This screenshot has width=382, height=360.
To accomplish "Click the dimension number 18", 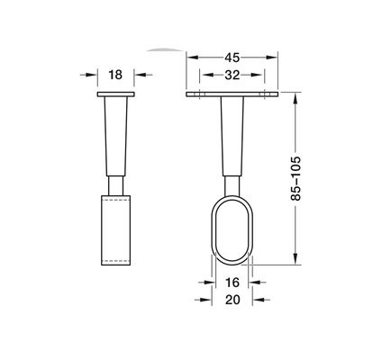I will [114, 76].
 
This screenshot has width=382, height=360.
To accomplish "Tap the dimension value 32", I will [232, 76].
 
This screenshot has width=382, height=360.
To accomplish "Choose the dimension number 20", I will [232, 299].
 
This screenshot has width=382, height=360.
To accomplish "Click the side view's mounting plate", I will [114, 94].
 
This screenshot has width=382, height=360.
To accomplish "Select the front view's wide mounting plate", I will [232, 94].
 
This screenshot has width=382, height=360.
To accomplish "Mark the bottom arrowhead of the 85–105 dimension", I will [296, 261].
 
